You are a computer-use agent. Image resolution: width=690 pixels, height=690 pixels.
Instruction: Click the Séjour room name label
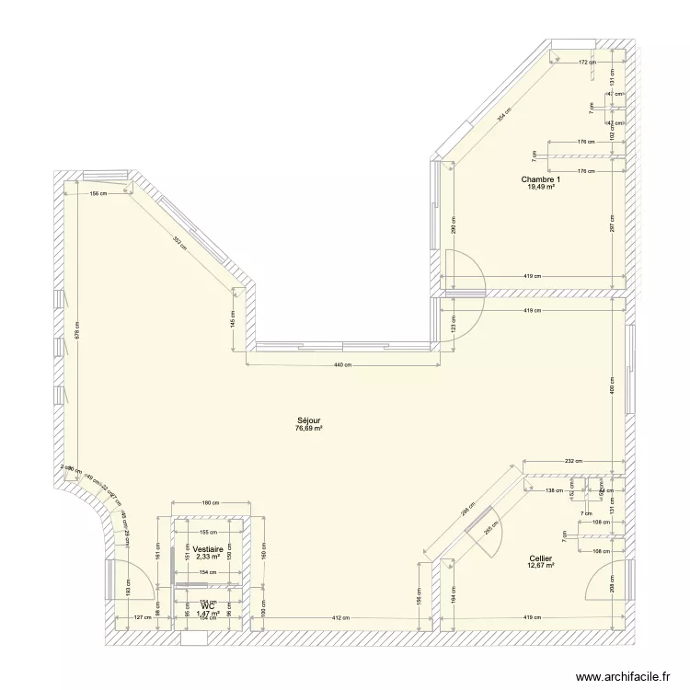tap(308, 420)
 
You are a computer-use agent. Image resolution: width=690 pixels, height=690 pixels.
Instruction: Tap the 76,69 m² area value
tap(308, 428)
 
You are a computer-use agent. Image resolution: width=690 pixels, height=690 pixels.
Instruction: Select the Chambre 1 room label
tap(540, 179)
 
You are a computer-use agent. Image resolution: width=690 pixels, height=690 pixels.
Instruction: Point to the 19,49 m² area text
tap(540, 188)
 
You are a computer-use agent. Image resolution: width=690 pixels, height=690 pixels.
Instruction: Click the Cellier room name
tap(540, 558)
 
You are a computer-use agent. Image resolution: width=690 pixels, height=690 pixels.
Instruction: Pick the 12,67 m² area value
tap(540, 566)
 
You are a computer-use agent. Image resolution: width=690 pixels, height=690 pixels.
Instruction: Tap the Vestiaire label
tap(207, 549)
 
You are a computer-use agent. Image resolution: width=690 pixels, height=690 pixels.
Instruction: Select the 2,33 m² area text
tap(207, 557)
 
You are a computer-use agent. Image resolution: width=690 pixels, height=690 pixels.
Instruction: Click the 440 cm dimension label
tap(342, 365)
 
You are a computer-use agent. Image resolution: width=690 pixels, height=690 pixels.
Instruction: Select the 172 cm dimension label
tap(587, 63)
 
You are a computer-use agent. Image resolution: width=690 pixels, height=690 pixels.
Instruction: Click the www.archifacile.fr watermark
tap(626, 678)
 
